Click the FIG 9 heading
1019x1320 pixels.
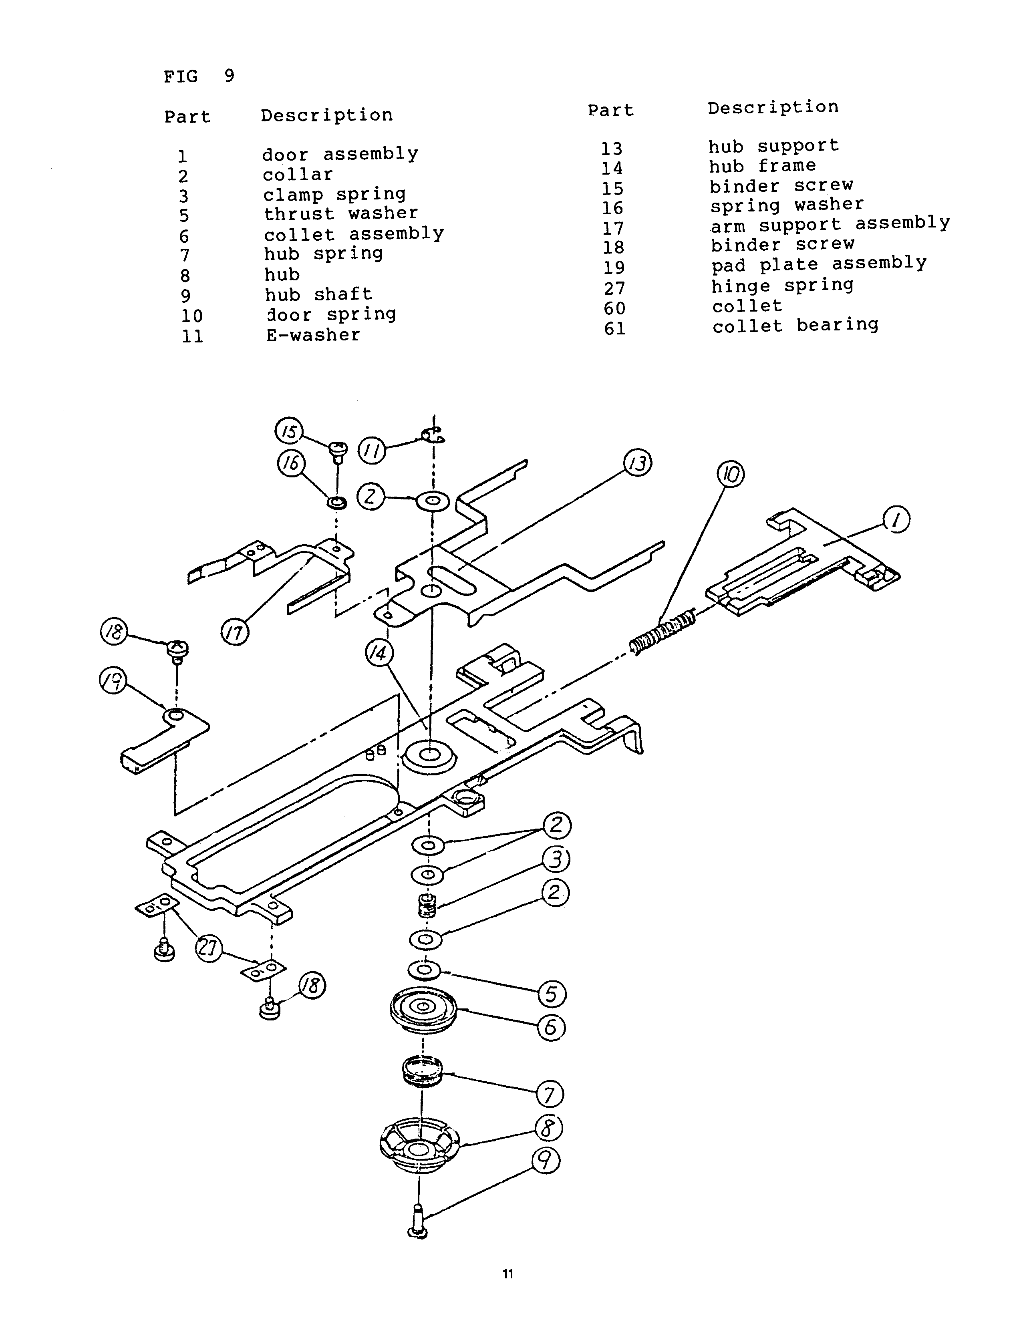tap(199, 76)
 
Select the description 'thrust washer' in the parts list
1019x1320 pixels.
tap(341, 213)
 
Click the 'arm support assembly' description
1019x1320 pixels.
tap(830, 225)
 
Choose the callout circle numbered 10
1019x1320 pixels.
tap(731, 475)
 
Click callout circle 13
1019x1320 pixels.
tap(638, 464)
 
